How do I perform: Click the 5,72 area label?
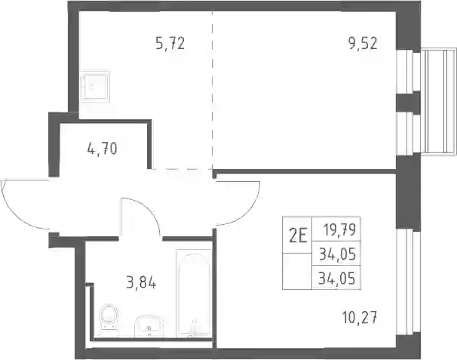[170, 44]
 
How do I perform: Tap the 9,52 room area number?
[363, 44]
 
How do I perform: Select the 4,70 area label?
[103, 149]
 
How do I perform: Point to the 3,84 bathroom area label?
[141, 283]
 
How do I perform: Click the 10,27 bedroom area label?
[360, 318]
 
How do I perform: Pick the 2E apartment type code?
[298, 236]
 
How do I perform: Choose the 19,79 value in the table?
[340, 230]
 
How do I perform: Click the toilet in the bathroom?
[109, 320]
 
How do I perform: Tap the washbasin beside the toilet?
[149, 326]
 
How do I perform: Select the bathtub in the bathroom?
[194, 294]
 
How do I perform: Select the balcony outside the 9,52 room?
[438, 101]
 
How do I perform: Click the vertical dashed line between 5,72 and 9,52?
[212, 91]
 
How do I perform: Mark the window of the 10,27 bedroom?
[408, 282]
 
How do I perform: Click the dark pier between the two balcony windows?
[408, 102]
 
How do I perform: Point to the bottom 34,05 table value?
[336, 278]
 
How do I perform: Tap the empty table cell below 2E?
[297, 271]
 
